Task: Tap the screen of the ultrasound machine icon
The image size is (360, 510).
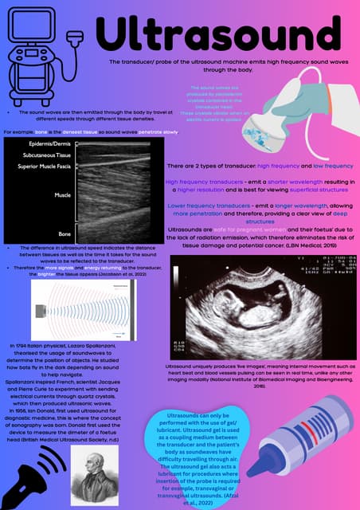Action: (x=31, y=28)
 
